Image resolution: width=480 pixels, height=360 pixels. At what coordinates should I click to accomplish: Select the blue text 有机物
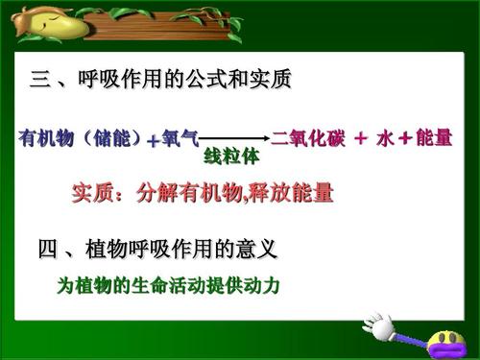pos(42,138)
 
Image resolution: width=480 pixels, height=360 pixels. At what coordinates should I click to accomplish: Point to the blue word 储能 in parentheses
pos(107,138)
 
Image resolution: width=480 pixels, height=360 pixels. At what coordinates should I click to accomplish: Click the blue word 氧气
pos(180,138)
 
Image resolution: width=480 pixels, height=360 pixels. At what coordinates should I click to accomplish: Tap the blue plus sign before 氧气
pos(153,140)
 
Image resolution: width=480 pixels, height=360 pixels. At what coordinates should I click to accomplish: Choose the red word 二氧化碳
pos(307,138)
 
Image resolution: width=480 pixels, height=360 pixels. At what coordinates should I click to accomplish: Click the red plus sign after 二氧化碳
pos(360,138)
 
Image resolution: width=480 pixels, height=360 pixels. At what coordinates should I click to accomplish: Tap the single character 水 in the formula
pos(385,138)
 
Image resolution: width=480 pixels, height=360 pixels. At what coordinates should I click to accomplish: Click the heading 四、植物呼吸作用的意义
pos(157,252)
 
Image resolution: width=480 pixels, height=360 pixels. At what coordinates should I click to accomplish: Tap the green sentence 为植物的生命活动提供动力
pos(173,285)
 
